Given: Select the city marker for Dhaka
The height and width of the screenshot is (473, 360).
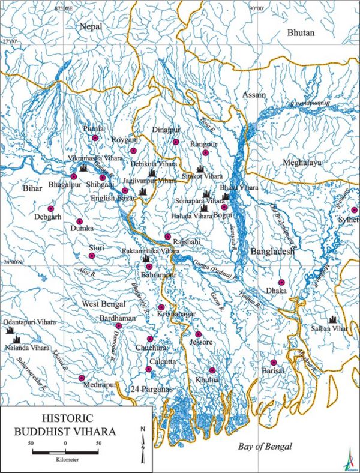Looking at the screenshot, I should [281, 282].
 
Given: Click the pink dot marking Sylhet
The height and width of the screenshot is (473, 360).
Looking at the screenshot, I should [355, 210].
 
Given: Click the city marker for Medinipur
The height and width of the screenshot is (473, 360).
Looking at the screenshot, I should [82, 378].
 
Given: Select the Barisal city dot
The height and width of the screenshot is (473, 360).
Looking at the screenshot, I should [274, 362].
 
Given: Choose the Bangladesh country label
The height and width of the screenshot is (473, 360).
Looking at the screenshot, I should [273, 252].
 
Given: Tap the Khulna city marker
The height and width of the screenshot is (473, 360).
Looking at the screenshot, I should [212, 370].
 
